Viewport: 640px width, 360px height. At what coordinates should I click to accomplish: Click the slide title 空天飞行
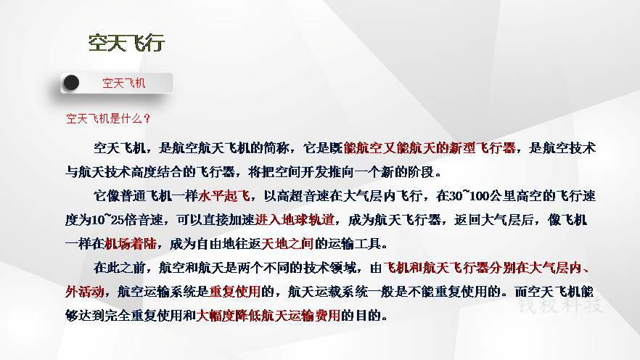[126, 43]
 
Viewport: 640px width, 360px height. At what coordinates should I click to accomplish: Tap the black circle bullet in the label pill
[71, 83]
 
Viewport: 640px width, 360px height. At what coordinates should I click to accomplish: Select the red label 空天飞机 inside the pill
[123, 83]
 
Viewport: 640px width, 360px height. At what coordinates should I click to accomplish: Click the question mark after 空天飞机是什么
[147, 119]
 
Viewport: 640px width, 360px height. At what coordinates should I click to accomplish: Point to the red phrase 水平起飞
[224, 196]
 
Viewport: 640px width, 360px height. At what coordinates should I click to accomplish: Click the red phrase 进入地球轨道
[295, 220]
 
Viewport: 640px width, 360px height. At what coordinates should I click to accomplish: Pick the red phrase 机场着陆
[131, 244]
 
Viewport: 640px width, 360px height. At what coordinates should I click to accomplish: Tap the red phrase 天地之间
[287, 244]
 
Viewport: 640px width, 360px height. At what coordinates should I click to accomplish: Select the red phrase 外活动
[84, 292]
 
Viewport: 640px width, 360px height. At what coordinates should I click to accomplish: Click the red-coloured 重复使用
[235, 292]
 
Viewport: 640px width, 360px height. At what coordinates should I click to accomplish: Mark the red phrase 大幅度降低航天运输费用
[268, 316]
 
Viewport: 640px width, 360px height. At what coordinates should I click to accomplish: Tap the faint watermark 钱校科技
[560, 306]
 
